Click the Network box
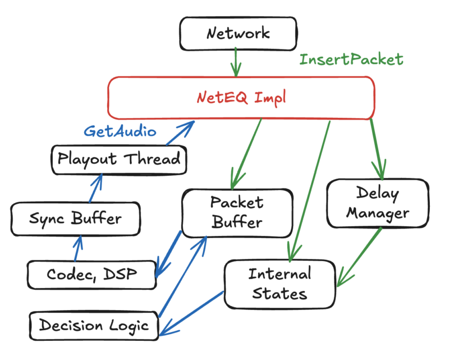pos(238,33)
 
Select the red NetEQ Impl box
pos(241,98)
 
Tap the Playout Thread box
pos(118,159)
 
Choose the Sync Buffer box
pos(75,218)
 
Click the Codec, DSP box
pos(92,274)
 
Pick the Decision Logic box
pos(94,325)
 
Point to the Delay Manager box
pos(372,203)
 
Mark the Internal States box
pos(279,284)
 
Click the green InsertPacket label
pos(351,60)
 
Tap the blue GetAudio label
pos(120,131)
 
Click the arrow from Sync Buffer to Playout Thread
pos(95,188)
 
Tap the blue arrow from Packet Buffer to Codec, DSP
pos(168,253)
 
